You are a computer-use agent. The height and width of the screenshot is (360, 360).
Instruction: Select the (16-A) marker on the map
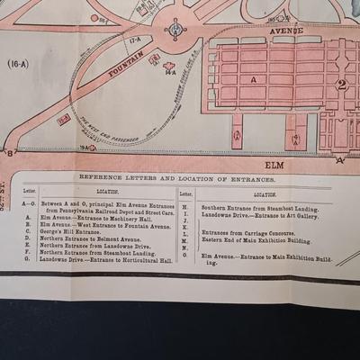point(19,64)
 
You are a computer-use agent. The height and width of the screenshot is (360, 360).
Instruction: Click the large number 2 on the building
point(341,85)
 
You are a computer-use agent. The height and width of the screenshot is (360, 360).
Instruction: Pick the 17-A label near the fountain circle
point(136,40)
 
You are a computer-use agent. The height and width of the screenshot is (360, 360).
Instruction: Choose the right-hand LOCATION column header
point(265,193)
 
